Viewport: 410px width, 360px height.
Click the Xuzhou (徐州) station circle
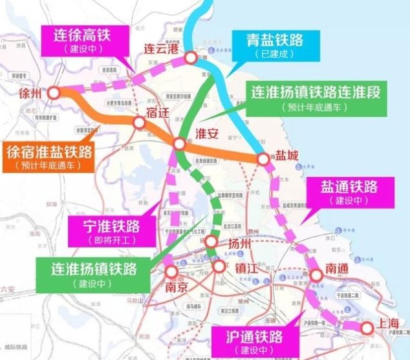[x=53, y=93]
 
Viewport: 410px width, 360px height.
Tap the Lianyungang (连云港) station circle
[x=191, y=58]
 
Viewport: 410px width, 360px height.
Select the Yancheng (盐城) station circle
[x=263, y=158]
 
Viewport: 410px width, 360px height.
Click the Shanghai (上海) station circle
[x=367, y=328]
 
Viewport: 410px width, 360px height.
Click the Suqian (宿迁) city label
[x=157, y=112]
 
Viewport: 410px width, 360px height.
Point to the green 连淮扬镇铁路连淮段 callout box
[x=317, y=99]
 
